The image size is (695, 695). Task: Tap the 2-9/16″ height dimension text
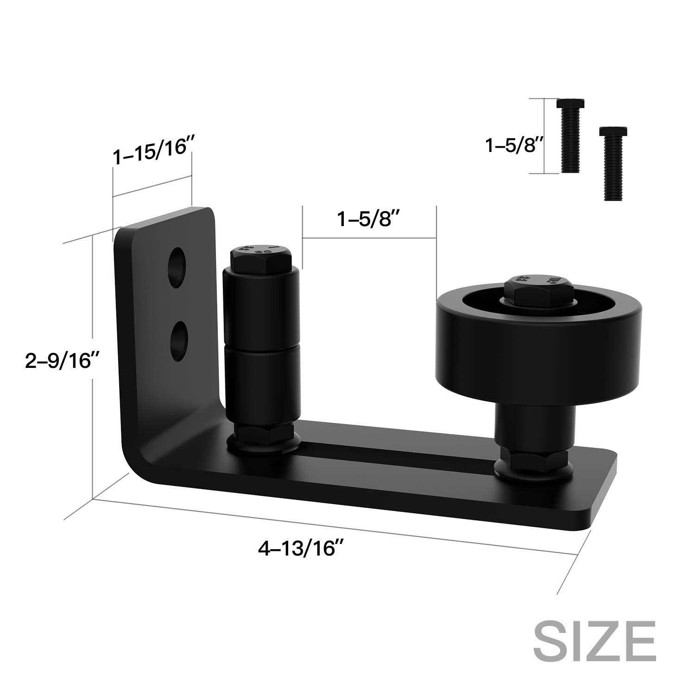(x=63, y=360)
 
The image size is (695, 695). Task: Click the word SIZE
(x=594, y=641)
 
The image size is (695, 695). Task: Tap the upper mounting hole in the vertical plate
(x=178, y=268)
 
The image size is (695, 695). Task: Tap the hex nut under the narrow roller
(x=262, y=436)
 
